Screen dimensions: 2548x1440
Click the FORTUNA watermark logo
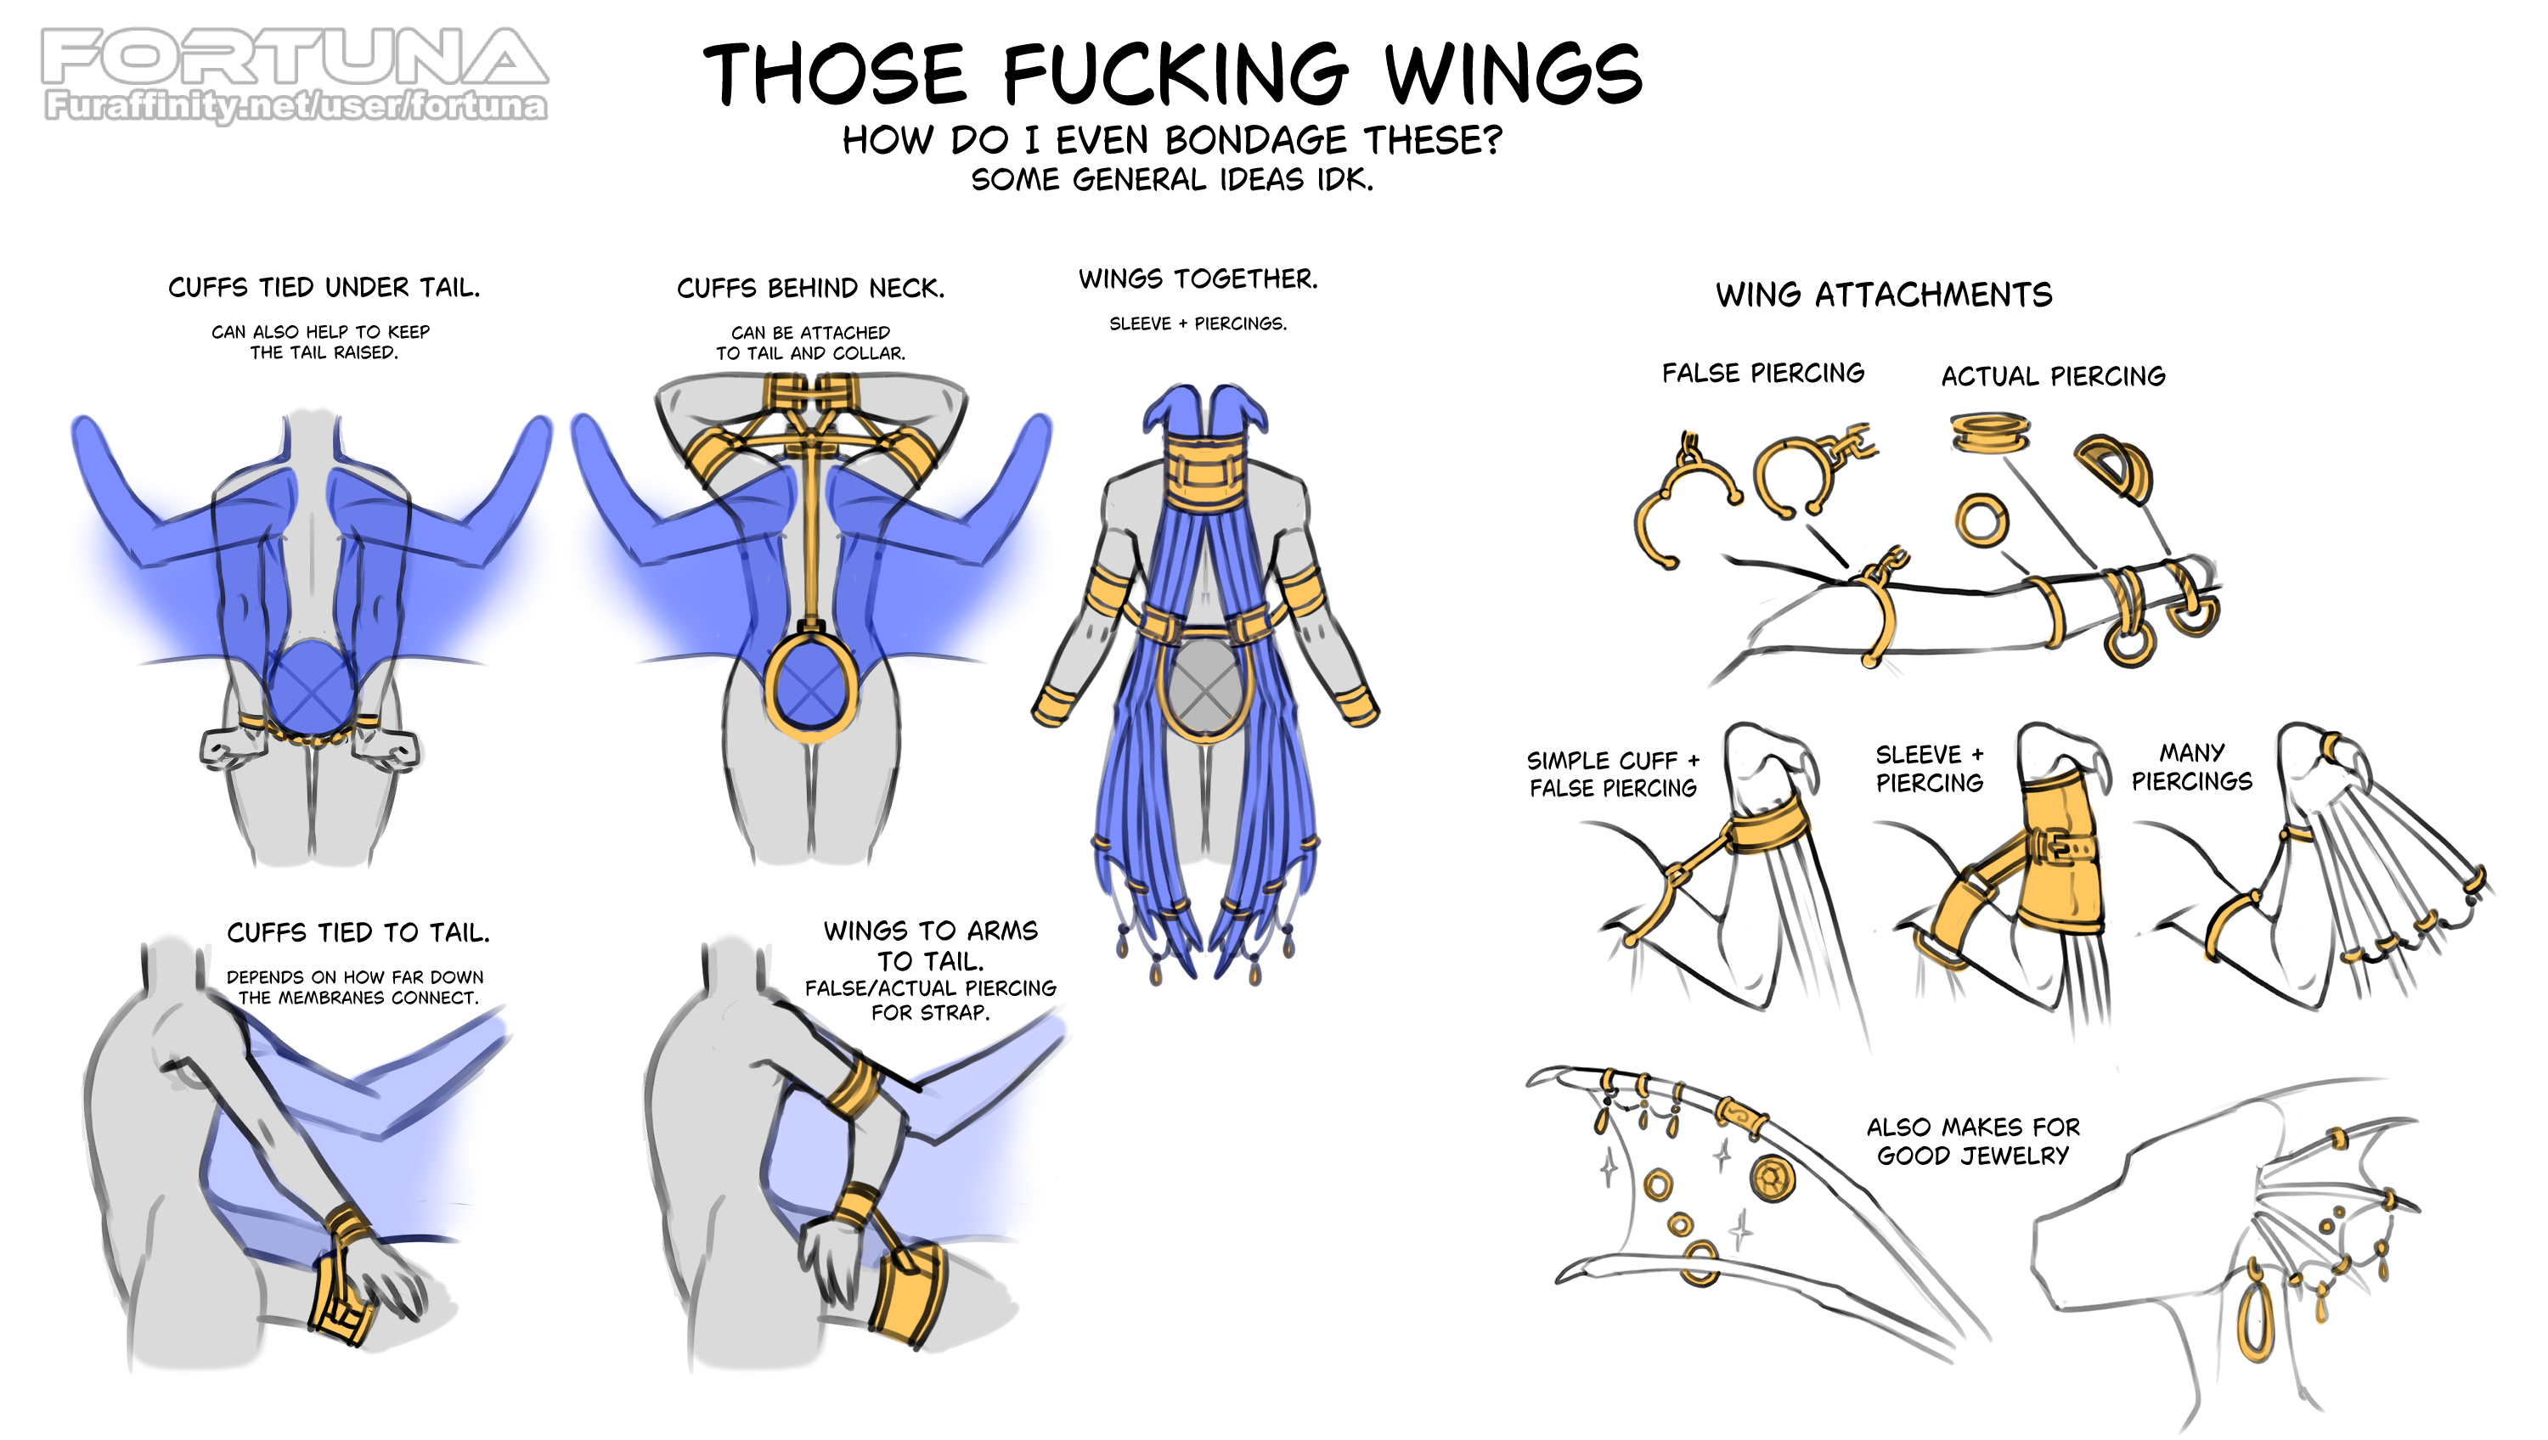tap(295, 58)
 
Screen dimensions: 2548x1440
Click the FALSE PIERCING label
tap(1762, 373)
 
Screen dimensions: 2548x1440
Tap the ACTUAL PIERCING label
tap(2053, 377)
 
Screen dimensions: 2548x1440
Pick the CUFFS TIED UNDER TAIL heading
tap(324, 288)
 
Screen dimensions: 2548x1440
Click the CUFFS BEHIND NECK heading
tap(810, 289)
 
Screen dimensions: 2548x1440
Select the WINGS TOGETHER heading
tap(1198, 278)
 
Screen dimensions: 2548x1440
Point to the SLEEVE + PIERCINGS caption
tap(1198, 323)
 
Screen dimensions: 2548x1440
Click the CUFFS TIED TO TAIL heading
tap(358, 932)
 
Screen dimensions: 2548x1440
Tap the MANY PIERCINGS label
tap(2191, 768)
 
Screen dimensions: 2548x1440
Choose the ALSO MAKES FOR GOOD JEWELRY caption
tap(1972, 1141)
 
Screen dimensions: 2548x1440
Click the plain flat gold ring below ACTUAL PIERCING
tap(1981, 520)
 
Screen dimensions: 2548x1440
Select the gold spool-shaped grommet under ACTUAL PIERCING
tap(1989, 433)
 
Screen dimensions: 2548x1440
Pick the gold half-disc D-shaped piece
tap(2114, 466)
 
